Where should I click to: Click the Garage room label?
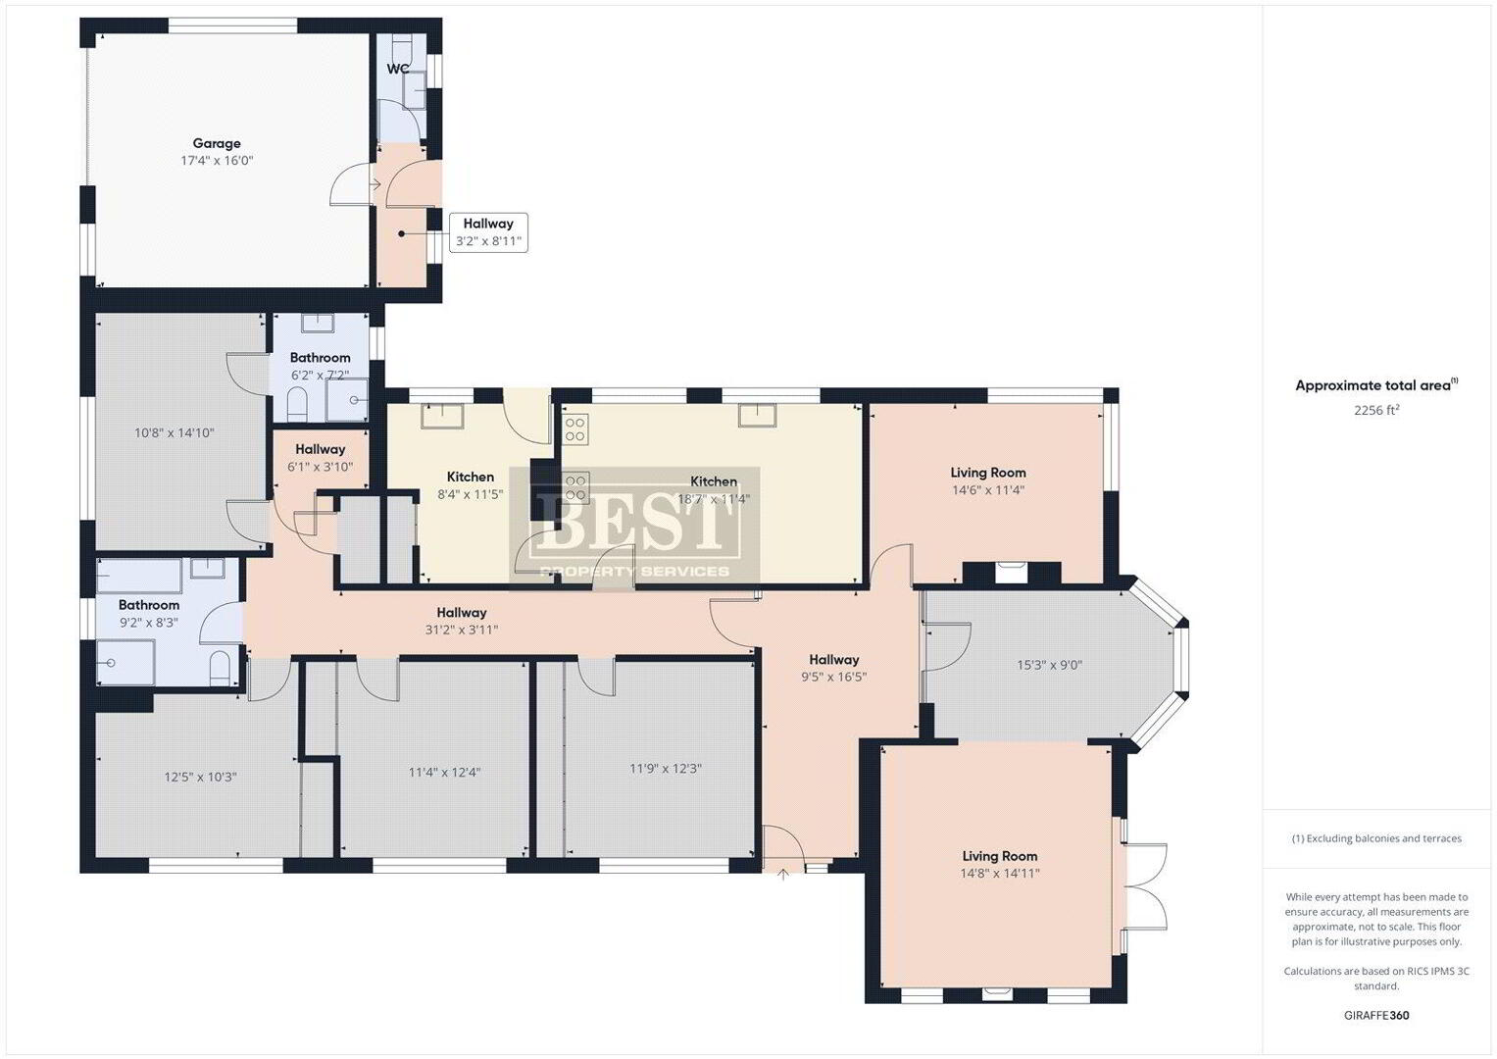point(217,143)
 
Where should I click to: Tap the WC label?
point(398,69)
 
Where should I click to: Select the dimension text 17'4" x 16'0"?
point(217,161)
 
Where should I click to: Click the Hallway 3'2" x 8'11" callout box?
point(488,232)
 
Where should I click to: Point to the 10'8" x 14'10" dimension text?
point(175,432)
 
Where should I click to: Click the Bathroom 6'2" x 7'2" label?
point(321,367)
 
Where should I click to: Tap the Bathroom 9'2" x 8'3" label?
point(149,613)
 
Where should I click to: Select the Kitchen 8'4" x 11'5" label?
point(471,485)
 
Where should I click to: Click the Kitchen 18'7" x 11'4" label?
point(714,490)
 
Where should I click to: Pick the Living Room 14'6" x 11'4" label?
point(988,480)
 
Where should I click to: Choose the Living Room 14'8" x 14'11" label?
point(1000,865)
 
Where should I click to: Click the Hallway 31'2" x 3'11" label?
point(462,621)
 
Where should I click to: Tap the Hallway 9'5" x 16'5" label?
point(834,668)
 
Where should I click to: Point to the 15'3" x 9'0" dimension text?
point(1049,665)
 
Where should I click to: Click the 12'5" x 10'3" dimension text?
point(201,777)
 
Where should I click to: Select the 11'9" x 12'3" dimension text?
point(665,769)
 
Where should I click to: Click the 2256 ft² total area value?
point(1376,410)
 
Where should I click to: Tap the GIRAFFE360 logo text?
point(1376,1016)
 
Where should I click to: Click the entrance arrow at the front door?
point(783,874)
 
